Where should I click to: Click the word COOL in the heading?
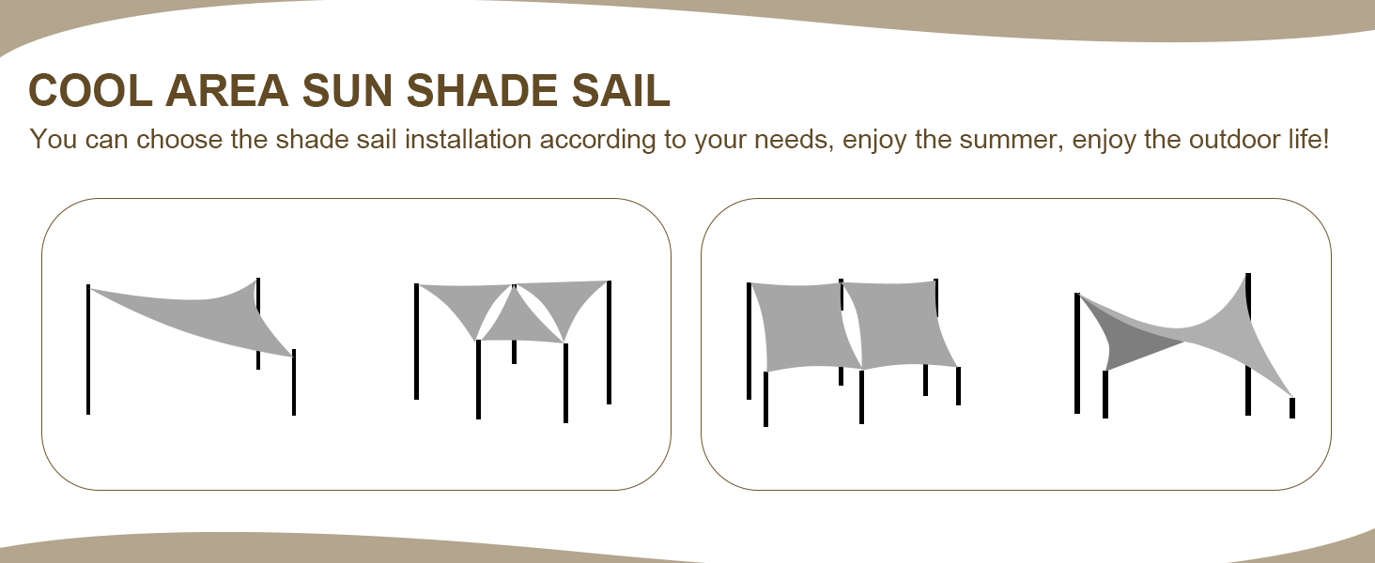click(88, 91)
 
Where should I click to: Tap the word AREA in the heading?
click(224, 91)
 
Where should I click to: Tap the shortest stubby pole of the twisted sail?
click(1292, 407)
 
